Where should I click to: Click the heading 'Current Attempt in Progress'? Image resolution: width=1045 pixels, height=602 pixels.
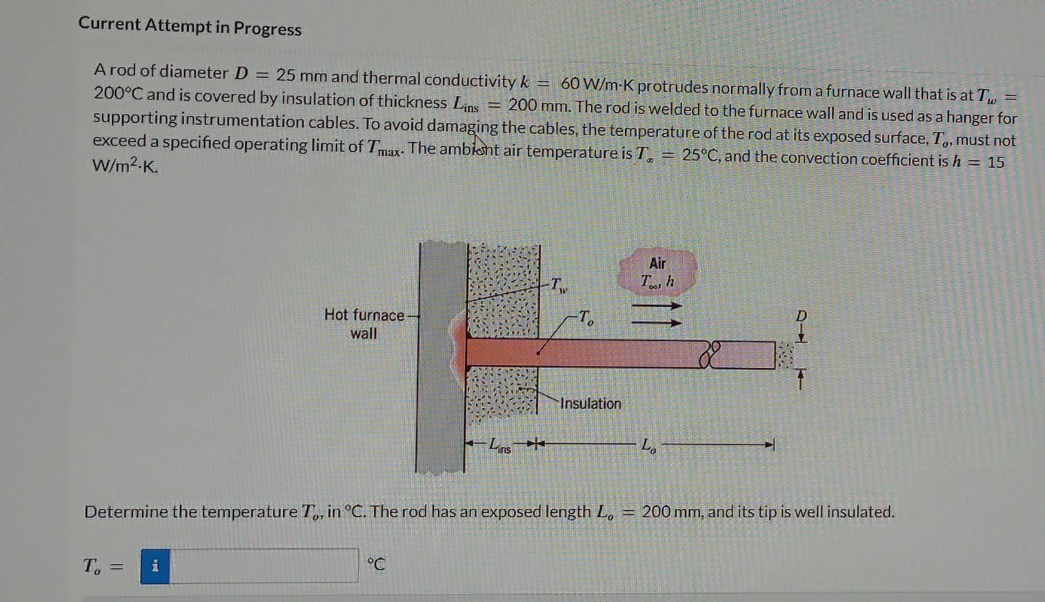coord(189,26)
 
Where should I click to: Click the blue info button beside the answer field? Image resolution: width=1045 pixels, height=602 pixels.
coord(155,566)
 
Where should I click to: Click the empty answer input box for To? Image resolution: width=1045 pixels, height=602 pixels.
coord(263,566)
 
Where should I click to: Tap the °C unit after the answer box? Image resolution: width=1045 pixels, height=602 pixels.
coord(376,565)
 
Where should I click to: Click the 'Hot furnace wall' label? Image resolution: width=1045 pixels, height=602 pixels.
coord(364,324)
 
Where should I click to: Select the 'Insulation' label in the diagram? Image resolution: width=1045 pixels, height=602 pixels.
coord(590,404)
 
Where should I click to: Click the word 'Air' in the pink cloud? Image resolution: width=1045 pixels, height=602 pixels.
coord(657,263)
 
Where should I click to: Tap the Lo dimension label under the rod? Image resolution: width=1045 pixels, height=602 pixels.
coord(648,446)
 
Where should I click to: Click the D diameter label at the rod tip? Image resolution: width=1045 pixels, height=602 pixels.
coord(801,316)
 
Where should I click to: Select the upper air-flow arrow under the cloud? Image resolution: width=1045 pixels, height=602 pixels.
coord(656,305)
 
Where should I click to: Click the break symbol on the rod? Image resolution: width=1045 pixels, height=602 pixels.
coord(709,355)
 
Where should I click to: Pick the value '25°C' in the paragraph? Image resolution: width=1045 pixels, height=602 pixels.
coord(702,156)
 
